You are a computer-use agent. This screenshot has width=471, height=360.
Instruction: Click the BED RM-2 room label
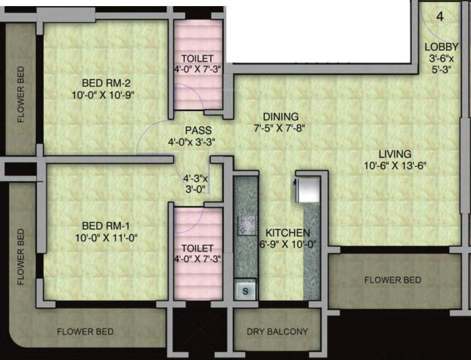tap(106, 83)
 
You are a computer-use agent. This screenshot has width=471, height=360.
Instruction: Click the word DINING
tap(281, 116)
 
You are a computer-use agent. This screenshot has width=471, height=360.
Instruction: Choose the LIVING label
tap(394, 153)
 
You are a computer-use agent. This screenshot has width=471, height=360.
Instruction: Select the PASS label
tap(199, 130)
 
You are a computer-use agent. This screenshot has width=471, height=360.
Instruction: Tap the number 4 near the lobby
tap(439, 16)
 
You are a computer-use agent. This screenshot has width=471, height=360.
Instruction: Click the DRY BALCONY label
tap(277, 331)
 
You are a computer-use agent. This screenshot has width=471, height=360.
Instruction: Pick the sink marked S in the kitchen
tap(246, 291)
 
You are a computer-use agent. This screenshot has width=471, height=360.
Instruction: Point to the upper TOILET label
tap(197, 58)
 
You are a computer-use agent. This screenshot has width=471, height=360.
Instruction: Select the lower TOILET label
tap(197, 248)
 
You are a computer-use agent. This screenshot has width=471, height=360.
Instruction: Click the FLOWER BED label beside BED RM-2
tap(21, 94)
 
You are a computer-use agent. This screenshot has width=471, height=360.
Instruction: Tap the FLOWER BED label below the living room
tap(393, 279)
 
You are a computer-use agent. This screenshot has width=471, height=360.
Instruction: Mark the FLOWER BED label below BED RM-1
tap(85, 331)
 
